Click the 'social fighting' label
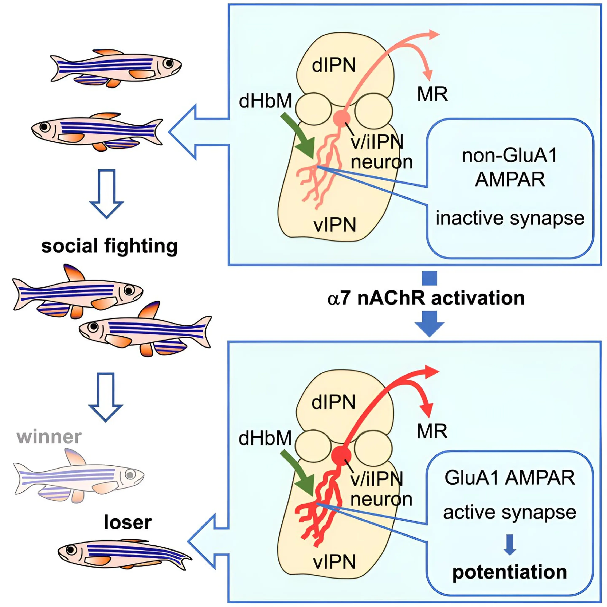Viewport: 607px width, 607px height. (x=109, y=246)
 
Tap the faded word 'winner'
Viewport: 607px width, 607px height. (x=49, y=437)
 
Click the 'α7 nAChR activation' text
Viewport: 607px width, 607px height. (x=426, y=298)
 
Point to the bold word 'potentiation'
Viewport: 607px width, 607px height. (x=510, y=572)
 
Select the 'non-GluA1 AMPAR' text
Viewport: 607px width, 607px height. (x=510, y=167)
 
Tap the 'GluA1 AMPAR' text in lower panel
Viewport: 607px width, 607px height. (x=510, y=478)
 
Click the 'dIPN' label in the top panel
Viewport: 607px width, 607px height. (x=334, y=65)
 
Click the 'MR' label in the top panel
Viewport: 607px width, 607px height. (x=432, y=94)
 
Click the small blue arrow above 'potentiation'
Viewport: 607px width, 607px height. (x=510, y=544)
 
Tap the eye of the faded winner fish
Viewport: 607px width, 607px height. (x=130, y=474)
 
